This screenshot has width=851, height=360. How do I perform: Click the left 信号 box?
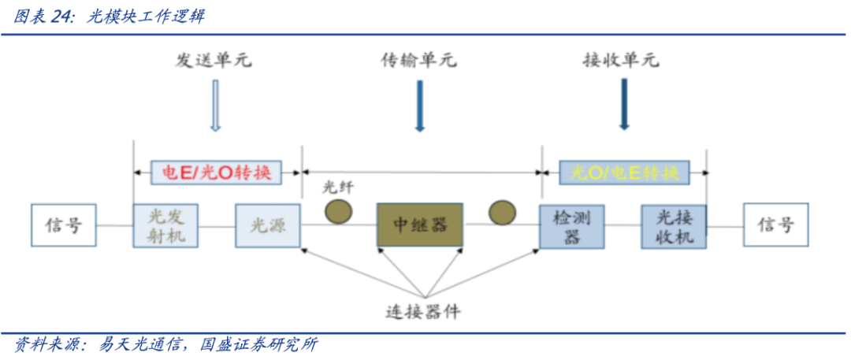pyautogui.click(x=64, y=225)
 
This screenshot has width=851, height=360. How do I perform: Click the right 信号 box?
pyautogui.click(x=775, y=225)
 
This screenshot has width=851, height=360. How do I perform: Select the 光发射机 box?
pyautogui.click(x=165, y=225)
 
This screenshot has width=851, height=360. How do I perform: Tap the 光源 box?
pyautogui.click(x=267, y=225)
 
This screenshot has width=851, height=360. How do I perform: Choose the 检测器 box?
pyautogui.click(x=572, y=226)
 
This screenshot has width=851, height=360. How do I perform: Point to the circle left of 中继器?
pyautogui.click(x=340, y=211)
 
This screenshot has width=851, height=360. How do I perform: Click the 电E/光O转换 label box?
pyautogui.click(x=216, y=173)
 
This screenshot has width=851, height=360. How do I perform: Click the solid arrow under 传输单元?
pyautogui.click(x=419, y=105)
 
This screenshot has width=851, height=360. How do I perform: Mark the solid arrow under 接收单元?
pyautogui.click(x=624, y=105)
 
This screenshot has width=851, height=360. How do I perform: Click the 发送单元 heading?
pyautogui.click(x=214, y=61)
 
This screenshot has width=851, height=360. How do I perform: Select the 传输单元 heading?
pyautogui.click(x=418, y=61)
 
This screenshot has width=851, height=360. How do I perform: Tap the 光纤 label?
pyautogui.click(x=339, y=187)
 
